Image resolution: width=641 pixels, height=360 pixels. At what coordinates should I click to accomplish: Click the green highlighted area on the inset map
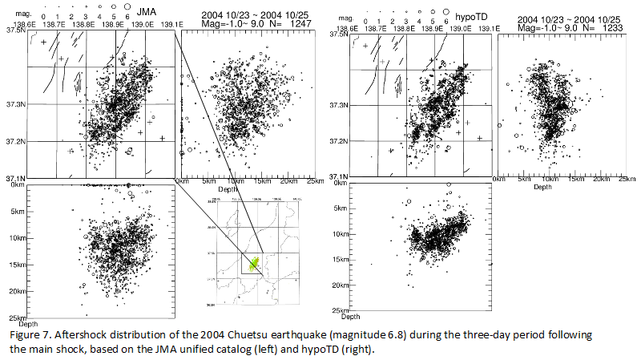pos(255,264)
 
